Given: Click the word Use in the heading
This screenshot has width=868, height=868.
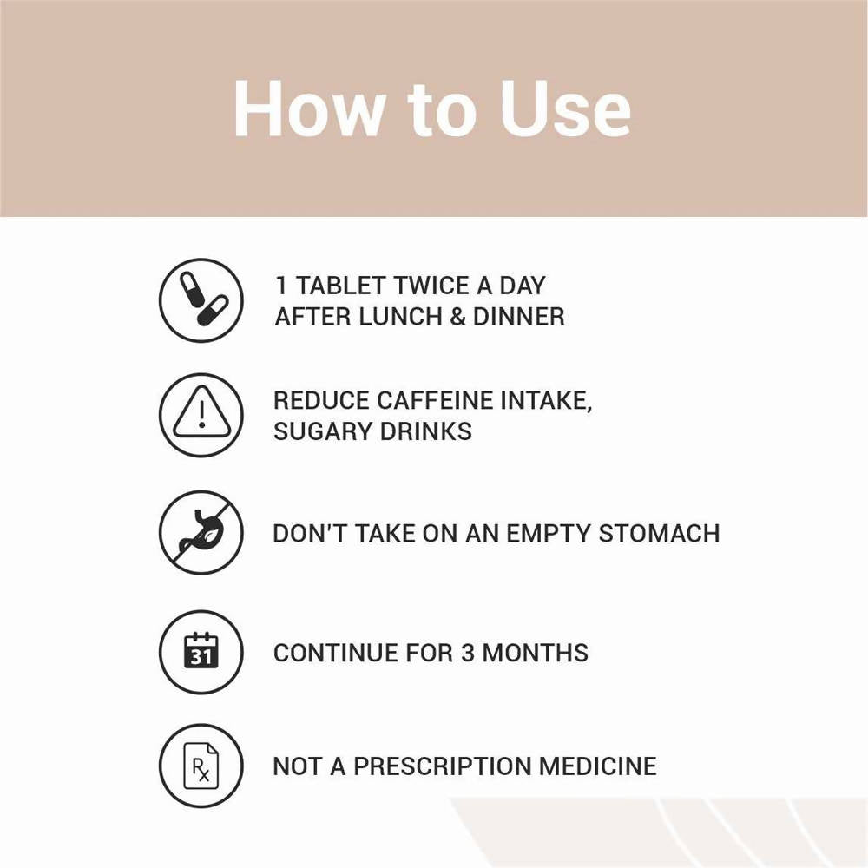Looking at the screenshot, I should [x=564, y=108].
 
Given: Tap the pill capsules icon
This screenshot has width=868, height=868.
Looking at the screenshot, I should [x=201, y=299].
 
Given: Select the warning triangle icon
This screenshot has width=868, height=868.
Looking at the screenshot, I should [x=201, y=415].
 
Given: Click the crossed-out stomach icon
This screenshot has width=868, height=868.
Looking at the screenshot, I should [x=201, y=532].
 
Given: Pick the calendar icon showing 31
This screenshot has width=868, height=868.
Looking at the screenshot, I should [x=201, y=651].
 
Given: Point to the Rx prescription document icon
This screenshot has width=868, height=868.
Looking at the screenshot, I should [x=201, y=766].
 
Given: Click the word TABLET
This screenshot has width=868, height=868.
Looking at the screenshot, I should [x=339, y=286].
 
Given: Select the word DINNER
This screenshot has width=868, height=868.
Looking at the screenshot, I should [x=518, y=316].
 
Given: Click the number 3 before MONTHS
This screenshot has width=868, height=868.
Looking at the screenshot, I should [x=467, y=653].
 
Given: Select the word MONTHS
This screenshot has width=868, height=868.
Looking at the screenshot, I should [x=536, y=653].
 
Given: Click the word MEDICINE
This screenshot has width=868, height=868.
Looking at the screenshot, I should [x=598, y=766].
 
